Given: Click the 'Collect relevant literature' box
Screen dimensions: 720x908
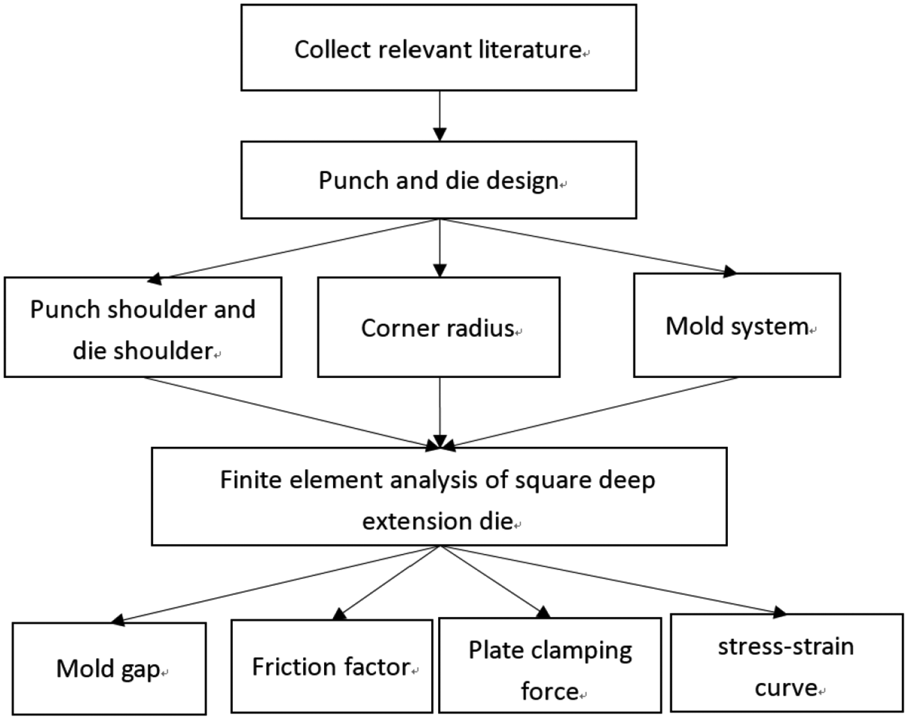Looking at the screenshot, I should click(438, 47).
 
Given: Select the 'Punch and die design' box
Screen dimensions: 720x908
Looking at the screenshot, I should click(438, 180).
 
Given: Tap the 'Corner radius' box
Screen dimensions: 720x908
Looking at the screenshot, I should click(438, 327).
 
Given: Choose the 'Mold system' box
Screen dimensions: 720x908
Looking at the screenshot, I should click(737, 325).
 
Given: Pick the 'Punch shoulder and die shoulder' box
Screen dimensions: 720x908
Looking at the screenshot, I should click(143, 327).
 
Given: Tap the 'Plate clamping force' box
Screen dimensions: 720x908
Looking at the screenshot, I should click(550, 666).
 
